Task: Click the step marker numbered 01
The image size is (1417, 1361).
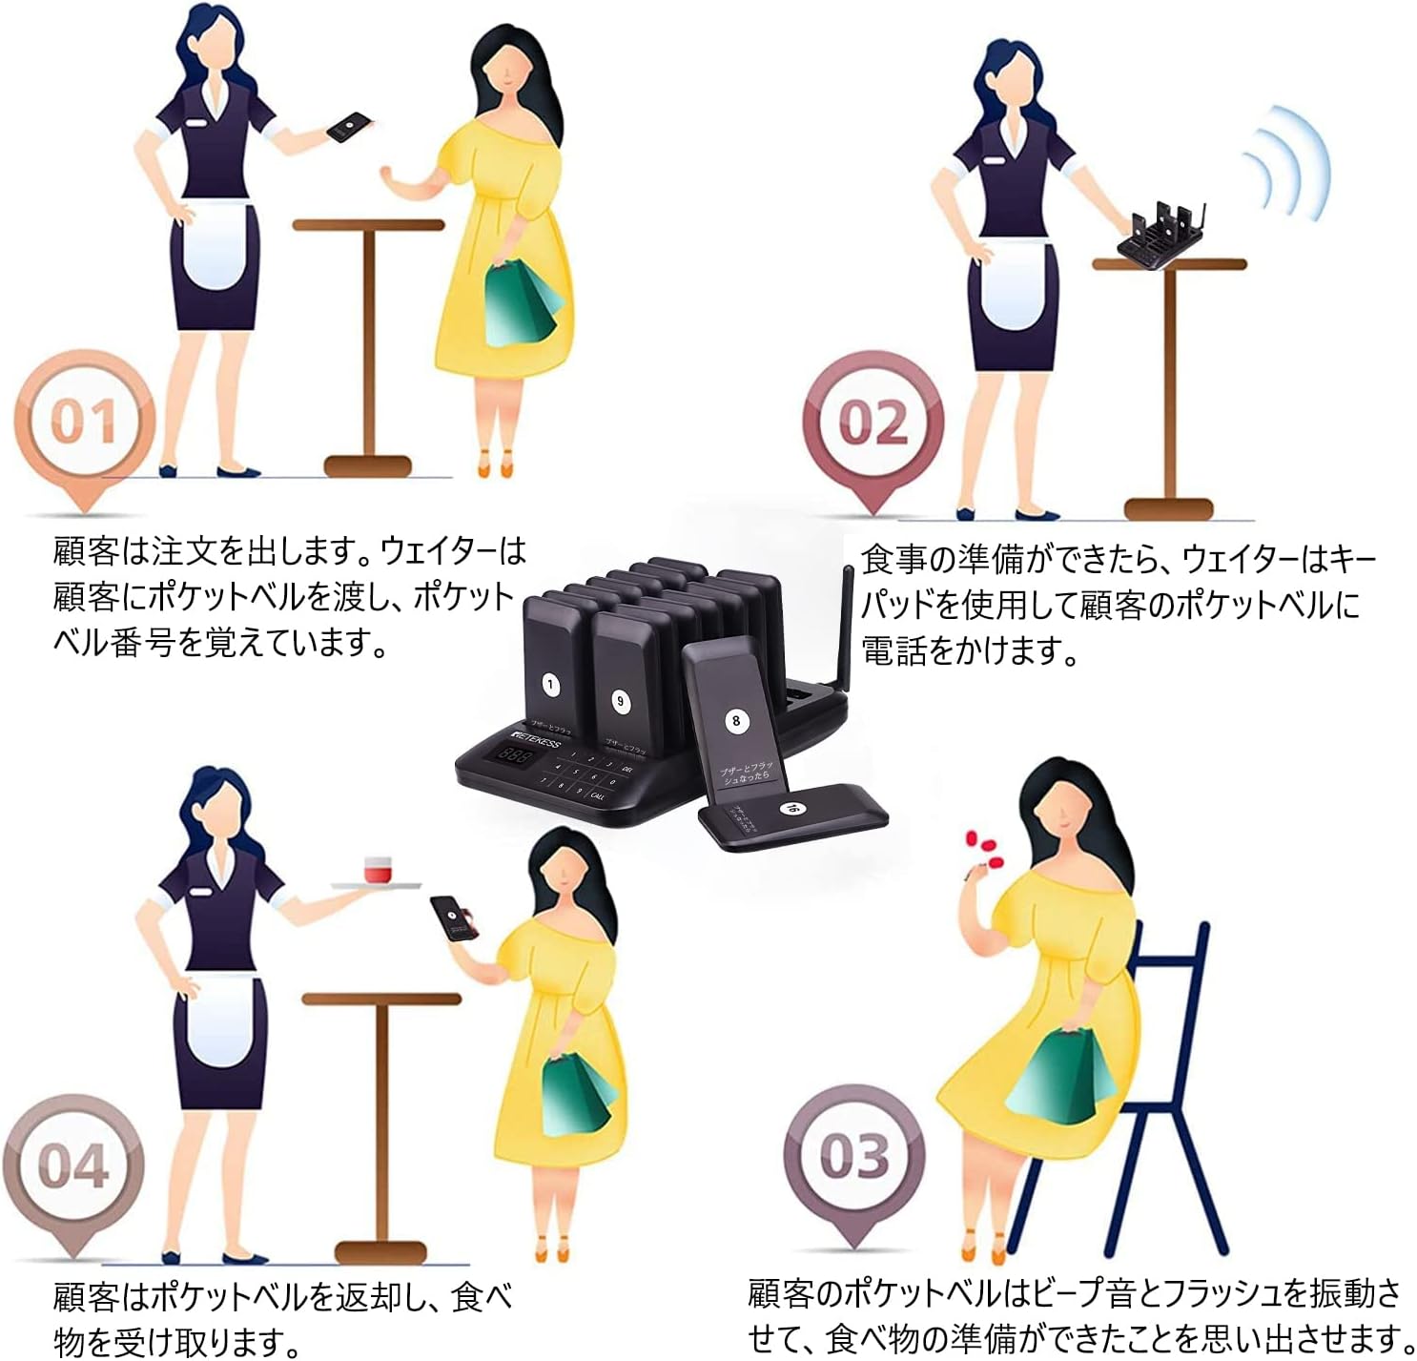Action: coord(84,421)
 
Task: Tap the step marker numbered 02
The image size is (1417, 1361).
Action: coord(873,423)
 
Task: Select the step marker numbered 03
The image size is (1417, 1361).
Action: coord(853,1156)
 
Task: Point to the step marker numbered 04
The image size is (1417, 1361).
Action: coord(73,1165)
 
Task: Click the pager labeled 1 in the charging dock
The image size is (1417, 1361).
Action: coord(551,668)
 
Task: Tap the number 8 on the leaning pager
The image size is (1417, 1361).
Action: coord(734,720)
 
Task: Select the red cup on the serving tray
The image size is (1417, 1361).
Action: coord(379,871)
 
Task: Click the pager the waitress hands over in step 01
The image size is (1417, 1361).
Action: coord(349,127)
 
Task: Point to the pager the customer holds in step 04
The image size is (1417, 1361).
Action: coord(454,919)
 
